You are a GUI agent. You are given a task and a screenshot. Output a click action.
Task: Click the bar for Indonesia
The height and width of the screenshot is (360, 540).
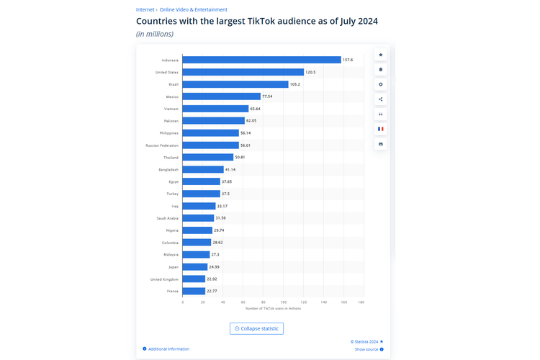(x=261, y=60)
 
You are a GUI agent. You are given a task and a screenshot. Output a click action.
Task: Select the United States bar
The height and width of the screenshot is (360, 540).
(x=243, y=72)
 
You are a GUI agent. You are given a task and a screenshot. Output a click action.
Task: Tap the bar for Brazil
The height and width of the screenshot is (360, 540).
(x=235, y=84)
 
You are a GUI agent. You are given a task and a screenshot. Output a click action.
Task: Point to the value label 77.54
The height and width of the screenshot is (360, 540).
(x=267, y=96)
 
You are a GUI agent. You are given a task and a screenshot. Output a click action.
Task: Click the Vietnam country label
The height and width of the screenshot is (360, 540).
(x=171, y=109)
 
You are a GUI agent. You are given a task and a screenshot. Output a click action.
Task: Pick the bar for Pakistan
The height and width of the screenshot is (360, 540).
(x=214, y=121)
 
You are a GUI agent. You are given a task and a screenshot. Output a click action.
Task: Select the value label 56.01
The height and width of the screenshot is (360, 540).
(x=246, y=145)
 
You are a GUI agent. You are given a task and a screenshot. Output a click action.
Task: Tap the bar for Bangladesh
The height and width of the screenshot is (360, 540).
(x=203, y=169)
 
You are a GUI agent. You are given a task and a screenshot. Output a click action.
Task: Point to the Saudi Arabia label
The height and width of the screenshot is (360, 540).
(x=167, y=218)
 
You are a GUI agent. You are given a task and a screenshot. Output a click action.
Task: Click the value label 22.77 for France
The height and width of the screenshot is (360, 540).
(x=212, y=291)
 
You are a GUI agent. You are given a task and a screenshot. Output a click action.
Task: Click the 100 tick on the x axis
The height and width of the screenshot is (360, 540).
(x=284, y=302)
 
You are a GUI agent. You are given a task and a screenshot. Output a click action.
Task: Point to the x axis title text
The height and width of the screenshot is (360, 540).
(x=273, y=308)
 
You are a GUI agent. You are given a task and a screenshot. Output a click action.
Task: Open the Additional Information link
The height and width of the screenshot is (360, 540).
(x=168, y=349)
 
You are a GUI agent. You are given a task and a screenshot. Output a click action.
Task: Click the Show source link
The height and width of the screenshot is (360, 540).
(x=366, y=349)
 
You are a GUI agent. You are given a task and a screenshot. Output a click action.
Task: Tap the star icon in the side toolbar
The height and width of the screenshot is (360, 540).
(x=381, y=55)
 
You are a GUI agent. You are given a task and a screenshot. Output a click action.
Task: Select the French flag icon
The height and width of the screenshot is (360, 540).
(x=381, y=129)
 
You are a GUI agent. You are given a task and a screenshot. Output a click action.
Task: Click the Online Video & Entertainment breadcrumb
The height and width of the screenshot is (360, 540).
(x=193, y=10)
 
